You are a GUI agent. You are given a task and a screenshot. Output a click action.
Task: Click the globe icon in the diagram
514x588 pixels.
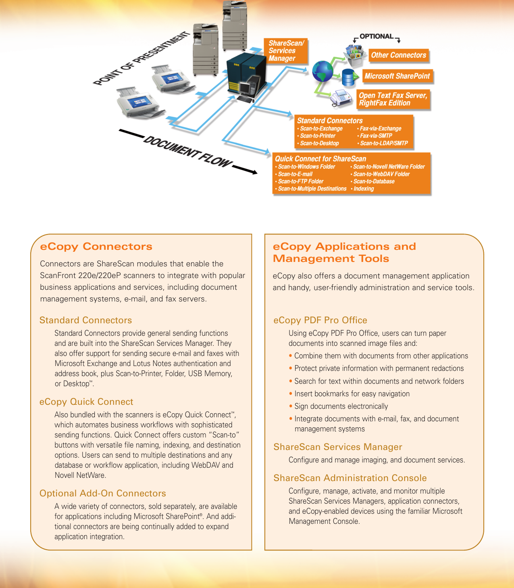[x=323, y=71]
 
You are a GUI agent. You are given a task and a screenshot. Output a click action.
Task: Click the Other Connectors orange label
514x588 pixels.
[x=398, y=55]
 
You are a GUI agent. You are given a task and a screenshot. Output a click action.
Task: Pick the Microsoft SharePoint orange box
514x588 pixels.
[x=397, y=76]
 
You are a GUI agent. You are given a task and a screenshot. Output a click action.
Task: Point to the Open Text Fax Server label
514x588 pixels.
[x=393, y=99]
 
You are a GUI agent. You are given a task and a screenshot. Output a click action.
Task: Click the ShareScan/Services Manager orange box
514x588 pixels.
[x=286, y=51]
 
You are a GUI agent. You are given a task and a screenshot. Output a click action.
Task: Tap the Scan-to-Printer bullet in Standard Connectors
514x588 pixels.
[x=318, y=136]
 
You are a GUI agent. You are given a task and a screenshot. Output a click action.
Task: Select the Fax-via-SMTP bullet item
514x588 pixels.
[x=376, y=136]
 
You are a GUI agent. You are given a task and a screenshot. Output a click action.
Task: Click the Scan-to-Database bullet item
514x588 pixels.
[x=374, y=182]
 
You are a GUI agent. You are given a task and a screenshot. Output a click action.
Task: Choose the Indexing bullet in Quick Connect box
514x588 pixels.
[x=363, y=189]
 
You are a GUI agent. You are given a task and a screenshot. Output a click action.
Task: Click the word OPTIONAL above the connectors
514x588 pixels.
[x=376, y=36]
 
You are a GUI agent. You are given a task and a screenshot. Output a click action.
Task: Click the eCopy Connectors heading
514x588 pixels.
[x=96, y=247]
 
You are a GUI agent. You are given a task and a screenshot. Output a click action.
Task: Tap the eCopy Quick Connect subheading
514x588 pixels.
[x=86, y=402]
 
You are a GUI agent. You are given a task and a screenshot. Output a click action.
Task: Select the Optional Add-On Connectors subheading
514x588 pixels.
[x=102, y=494]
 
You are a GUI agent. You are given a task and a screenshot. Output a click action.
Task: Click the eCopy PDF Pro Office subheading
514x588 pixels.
[x=320, y=320]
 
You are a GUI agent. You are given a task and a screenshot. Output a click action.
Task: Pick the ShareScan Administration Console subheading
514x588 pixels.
[x=350, y=478]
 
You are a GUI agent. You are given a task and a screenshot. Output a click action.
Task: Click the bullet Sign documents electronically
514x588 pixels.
[x=341, y=406]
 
